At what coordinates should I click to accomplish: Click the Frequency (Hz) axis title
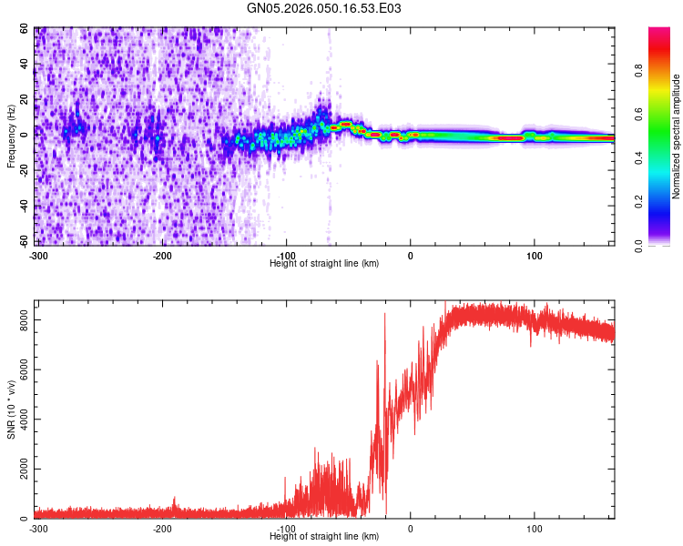pyautogui.click(x=11, y=136)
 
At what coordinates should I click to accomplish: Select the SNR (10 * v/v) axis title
pyautogui.click(x=11, y=409)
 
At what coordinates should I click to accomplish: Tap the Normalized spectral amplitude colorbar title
pyautogui.click(x=676, y=136)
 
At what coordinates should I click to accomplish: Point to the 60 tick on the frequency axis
pyautogui.click(x=24, y=29)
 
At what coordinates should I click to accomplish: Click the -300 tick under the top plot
pyautogui.click(x=37, y=256)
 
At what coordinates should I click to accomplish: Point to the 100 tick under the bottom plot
pyautogui.click(x=535, y=529)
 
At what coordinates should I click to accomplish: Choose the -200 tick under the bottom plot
pyautogui.click(x=162, y=529)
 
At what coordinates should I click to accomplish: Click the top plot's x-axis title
pyautogui.click(x=324, y=263)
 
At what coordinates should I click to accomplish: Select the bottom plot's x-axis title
pyautogui.click(x=324, y=536)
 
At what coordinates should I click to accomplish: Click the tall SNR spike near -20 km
pyautogui.click(x=385, y=315)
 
